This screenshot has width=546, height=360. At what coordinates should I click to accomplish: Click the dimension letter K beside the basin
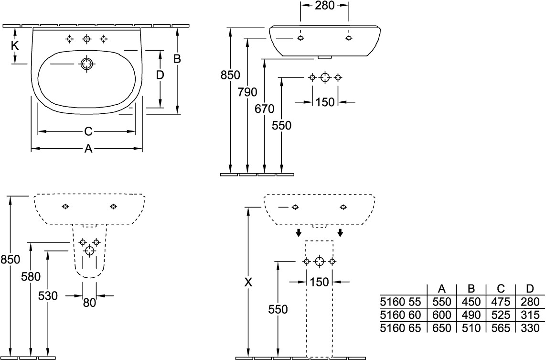tap(15, 46)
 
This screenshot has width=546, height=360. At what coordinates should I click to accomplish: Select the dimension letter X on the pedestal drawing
tap(248, 283)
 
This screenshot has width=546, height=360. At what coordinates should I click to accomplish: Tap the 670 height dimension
tap(265, 109)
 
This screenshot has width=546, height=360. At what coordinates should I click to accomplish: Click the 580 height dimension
tap(31, 276)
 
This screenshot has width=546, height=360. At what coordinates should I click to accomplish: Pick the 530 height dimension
tap(48, 296)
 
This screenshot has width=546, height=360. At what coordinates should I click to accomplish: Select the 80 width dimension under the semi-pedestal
tap(89, 302)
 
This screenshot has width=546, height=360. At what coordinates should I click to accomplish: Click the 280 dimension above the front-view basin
tap(324, 5)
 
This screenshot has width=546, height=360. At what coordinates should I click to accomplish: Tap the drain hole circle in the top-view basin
tap(86, 64)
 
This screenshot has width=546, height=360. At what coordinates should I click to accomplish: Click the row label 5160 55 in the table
tap(400, 302)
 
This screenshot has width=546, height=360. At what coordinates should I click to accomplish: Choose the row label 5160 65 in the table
tap(400, 328)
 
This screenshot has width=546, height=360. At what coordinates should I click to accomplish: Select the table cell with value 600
tap(442, 315)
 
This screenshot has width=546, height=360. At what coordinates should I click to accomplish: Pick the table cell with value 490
tap(471, 315)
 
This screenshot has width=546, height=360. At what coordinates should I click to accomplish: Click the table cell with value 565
tap(501, 328)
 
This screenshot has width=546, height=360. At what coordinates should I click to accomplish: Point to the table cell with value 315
tap(529, 315)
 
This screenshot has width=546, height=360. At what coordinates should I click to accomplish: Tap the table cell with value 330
tap(529, 328)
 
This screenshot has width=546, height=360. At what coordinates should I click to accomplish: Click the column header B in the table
tap(471, 289)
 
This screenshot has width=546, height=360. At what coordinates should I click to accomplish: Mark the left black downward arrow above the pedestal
tap(298, 233)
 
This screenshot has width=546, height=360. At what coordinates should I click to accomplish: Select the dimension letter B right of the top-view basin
tap(177, 59)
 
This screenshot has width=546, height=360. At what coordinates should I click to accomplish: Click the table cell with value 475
tap(501, 302)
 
